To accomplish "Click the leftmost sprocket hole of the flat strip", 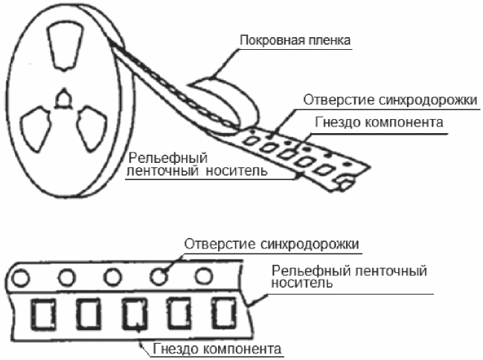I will [19, 279].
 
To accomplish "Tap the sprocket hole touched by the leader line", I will [158, 276].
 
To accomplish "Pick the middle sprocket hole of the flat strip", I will [112, 277].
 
